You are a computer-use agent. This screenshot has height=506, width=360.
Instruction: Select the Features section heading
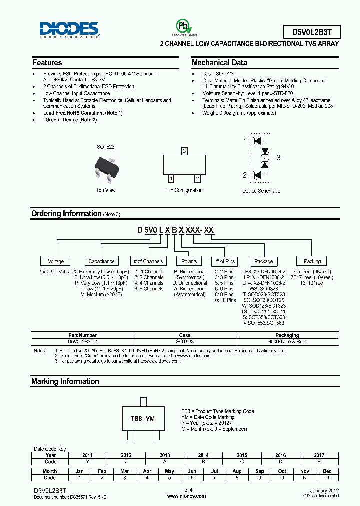tap(47, 63)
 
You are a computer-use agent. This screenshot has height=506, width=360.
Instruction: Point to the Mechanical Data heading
tap(219, 63)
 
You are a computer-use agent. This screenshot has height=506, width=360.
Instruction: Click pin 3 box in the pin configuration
tap(184, 151)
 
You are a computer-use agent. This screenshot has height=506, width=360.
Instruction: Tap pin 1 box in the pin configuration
tap(171, 178)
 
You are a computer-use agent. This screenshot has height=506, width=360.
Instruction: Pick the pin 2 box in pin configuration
tap(198, 178)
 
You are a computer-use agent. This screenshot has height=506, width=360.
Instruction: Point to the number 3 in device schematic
tap(279, 158)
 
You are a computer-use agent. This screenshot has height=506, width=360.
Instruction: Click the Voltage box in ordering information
tap(56, 261)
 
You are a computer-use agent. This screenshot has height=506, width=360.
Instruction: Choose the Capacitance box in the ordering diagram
tap(101, 261)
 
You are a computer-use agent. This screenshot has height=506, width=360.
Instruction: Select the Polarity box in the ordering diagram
tap(189, 261)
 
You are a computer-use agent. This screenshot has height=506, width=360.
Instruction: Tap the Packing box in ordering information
tap(312, 261)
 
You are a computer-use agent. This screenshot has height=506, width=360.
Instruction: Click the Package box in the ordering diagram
tap(263, 261)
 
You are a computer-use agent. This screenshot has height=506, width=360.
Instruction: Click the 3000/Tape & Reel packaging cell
tap(287, 341)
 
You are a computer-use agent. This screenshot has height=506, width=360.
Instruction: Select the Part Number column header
tap(82, 336)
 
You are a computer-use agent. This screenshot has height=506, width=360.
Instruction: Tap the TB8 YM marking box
tap(143, 419)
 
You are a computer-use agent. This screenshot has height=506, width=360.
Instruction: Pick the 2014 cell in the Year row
tap(203, 455)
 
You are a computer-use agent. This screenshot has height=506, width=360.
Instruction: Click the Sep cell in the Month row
tap(260, 471)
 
